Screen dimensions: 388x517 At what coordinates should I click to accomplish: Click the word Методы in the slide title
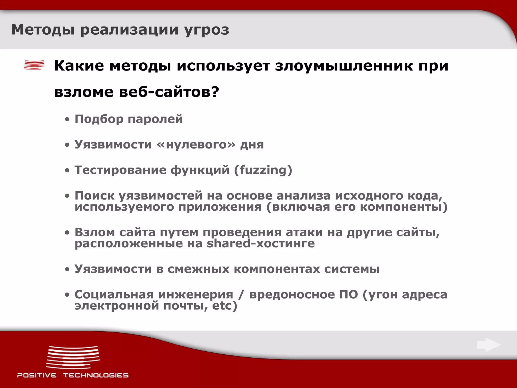pyautogui.click(x=43, y=30)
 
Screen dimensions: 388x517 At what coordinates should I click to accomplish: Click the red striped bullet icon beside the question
pyautogui.click(x=34, y=65)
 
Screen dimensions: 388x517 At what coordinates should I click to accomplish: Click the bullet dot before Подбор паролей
pyautogui.click(x=67, y=120)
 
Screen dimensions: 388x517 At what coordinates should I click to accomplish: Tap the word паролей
pyautogui.click(x=155, y=119)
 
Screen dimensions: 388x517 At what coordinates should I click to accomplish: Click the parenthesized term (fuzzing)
pyautogui.click(x=263, y=170)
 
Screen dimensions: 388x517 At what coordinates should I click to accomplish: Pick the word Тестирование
pyautogui.click(x=120, y=170)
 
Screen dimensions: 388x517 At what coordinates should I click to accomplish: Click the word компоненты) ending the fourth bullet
pyautogui.click(x=403, y=207)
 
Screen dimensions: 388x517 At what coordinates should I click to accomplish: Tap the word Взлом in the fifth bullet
pyautogui.click(x=95, y=232)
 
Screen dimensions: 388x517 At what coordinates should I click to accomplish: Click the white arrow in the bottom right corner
pyautogui.click(x=488, y=345)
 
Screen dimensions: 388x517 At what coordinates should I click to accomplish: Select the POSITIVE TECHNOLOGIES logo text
pyautogui.click(x=73, y=375)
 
